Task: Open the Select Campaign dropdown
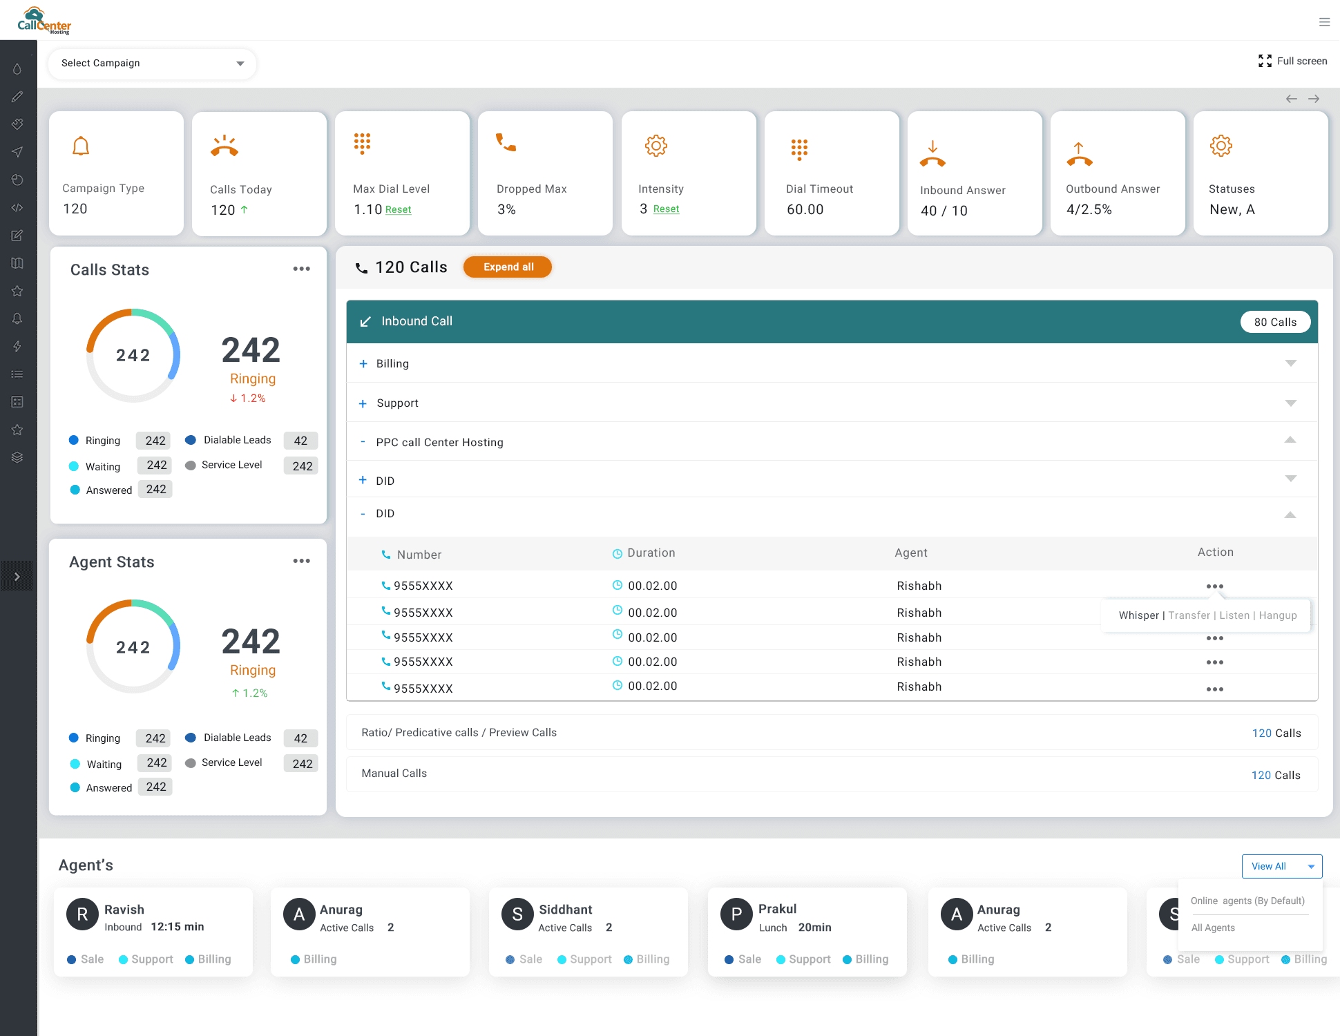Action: pyautogui.click(x=152, y=64)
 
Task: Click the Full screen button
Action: pyautogui.click(x=1292, y=61)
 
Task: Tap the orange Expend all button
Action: pyautogui.click(x=508, y=267)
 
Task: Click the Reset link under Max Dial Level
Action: pyautogui.click(x=398, y=210)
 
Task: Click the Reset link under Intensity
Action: pyautogui.click(x=666, y=209)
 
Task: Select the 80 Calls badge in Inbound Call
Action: pyautogui.click(x=1274, y=323)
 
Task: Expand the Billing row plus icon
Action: pyautogui.click(x=363, y=364)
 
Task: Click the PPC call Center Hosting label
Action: pyautogui.click(x=439, y=443)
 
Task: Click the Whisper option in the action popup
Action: pyautogui.click(x=1138, y=615)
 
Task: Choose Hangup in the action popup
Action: pyautogui.click(x=1278, y=615)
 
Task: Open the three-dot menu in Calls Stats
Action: pyautogui.click(x=301, y=269)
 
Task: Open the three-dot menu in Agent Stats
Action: pyautogui.click(x=301, y=561)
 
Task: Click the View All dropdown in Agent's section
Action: pyautogui.click(x=1281, y=866)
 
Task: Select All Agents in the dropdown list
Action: pyautogui.click(x=1213, y=928)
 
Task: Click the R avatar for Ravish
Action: pyautogui.click(x=82, y=914)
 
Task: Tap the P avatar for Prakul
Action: pyautogui.click(x=736, y=914)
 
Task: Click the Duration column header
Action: pyautogui.click(x=651, y=553)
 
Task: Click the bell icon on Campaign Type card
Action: pyautogui.click(x=81, y=146)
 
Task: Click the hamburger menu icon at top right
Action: pyautogui.click(x=1324, y=22)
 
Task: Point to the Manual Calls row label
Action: pyautogui.click(x=394, y=774)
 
